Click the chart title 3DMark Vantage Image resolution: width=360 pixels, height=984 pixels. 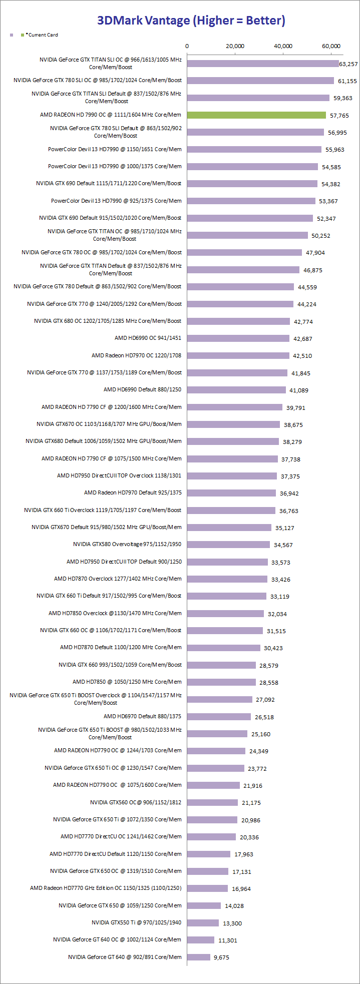pyautogui.click(x=191, y=21)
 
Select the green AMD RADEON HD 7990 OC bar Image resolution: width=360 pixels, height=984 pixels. pyautogui.click(x=256, y=115)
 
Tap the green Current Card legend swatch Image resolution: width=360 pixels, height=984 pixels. pyautogui.click(x=22, y=35)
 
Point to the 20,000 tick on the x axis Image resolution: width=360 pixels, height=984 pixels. pyautogui.click(x=235, y=46)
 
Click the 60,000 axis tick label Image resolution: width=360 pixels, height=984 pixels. pyautogui.click(x=331, y=46)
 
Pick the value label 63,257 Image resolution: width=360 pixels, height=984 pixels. pyautogui.click(x=348, y=64)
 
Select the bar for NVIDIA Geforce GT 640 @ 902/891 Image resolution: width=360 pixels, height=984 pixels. pyautogui.click(x=199, y=957)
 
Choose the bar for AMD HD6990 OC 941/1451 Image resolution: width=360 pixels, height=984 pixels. pyautogui.click(x=238, y=338)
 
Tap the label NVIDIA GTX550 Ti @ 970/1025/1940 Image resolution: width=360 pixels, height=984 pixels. pyautogui.click(x=136, y=922)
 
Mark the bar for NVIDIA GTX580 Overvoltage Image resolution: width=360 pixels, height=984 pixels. pyautogui.click(x=228, y=545)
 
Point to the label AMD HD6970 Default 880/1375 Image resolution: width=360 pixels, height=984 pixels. pyautogui.click(x=142, y=716)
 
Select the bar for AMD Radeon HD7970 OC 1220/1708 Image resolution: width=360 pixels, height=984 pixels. pyautogui.click(x=238, y=355)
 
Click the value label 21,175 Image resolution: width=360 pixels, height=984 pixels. pyautogui.click(x=251, y=803)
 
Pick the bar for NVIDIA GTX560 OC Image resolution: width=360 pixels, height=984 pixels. pyautogui.click(x=212, y=802)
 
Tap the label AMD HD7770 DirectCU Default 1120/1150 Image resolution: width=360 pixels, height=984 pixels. pyautogui.click(x=115, y=854)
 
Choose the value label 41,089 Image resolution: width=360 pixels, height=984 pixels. pyautogui.click(x=297, y=390)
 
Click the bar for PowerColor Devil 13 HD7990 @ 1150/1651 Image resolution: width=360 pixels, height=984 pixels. pyautogui.click(x=254, y=149)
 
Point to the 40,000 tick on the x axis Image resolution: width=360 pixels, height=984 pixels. pyautogui.click(x=283, y=46)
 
